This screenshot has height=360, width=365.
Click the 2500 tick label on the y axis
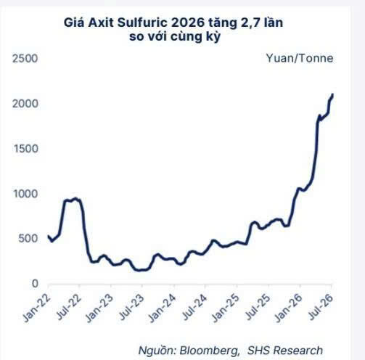coord(25,59)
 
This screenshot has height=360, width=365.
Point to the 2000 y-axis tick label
coord(25,104)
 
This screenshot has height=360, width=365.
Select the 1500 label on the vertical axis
coord(25,149)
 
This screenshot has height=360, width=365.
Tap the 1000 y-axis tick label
coord(25,194)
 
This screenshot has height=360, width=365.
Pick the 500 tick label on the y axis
coord(28,239)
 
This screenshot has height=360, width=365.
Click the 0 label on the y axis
coord(35,284)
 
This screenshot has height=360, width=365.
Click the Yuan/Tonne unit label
coord(300,58)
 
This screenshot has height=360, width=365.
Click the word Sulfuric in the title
coord(142,22)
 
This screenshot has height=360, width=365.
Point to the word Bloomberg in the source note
coord(210,351)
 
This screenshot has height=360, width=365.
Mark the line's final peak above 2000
coord(332,94)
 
